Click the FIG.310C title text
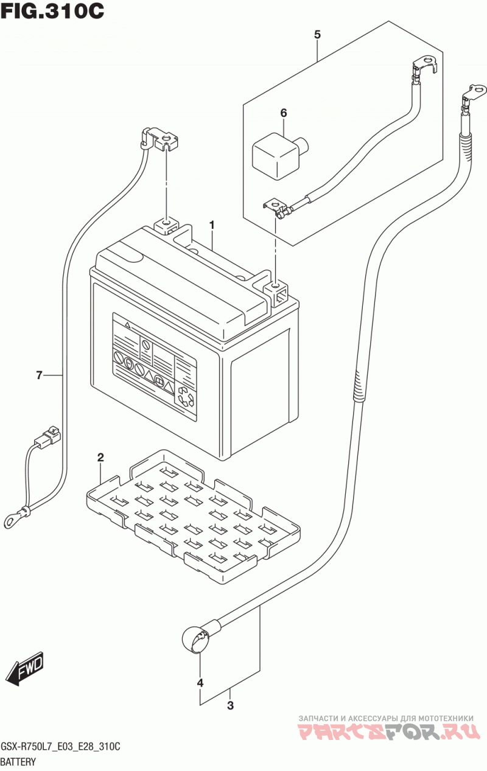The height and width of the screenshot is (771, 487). click(52, 11)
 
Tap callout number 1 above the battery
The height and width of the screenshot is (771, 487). click(212, 225)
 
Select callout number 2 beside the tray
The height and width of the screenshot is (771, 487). click(100, 458)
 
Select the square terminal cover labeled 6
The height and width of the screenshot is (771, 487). click(279, 156)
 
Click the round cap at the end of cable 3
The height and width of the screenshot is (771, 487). click(194, 639)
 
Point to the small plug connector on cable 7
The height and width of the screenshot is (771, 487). click(47, 438)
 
